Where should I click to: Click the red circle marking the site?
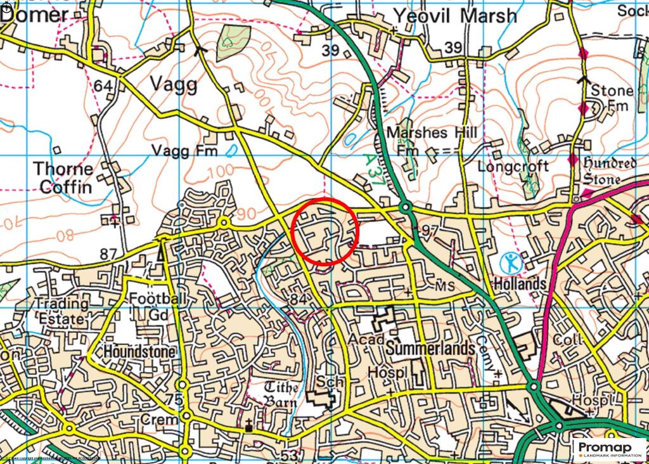325,231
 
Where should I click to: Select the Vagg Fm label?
184,151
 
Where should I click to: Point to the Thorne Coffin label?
63,178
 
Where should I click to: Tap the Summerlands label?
430,349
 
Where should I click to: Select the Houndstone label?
133,351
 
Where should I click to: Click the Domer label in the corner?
35,15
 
